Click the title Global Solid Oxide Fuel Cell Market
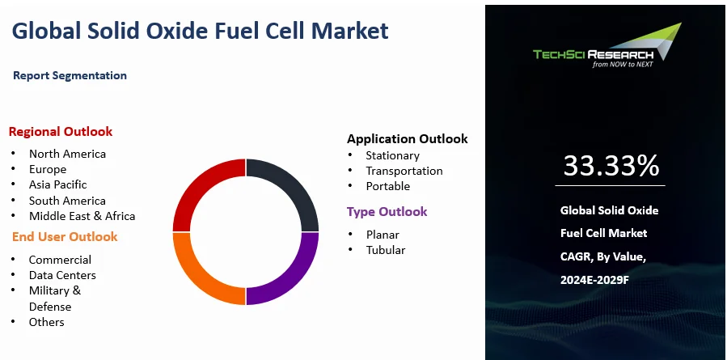coord(200,31)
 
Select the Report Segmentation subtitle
coord(70,75)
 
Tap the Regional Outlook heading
coord(61,131)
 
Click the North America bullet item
coord(67,154)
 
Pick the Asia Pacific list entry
coord(57,184)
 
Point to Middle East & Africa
coord(82,216)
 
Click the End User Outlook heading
coord(65,236)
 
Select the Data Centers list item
coord(62,275)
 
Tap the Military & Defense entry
coord(54,299)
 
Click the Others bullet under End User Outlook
coord(46,322)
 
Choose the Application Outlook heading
coord(407,138)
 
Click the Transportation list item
coord(404,171)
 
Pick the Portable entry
coord(387,186)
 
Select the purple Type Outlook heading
coord(387,211)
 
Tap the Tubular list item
coord(385,250)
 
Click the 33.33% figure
coord(611,165)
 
